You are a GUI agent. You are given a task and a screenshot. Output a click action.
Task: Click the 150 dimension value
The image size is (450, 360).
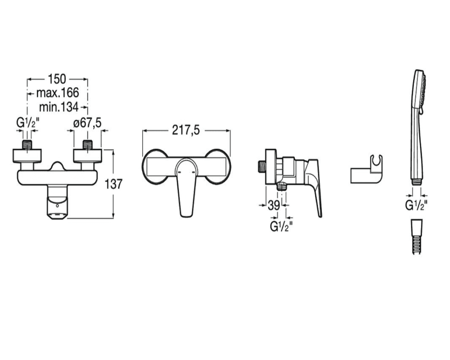[57, 79]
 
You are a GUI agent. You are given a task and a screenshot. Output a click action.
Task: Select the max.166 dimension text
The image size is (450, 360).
[58, 93]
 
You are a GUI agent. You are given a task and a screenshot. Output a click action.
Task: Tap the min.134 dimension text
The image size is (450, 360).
[59, 107]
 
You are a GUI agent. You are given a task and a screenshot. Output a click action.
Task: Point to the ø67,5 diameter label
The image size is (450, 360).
[87, 123]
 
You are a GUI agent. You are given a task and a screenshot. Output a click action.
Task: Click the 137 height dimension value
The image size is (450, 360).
[114, 184]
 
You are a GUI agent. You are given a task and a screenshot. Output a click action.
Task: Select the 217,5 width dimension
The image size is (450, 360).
[186, 130]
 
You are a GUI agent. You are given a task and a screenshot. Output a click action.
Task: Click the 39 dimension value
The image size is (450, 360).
[274, 205]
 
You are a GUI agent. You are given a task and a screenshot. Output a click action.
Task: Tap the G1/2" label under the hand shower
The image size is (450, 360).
[416, 205]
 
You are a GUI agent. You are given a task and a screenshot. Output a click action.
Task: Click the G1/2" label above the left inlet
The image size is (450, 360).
[28, 123]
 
